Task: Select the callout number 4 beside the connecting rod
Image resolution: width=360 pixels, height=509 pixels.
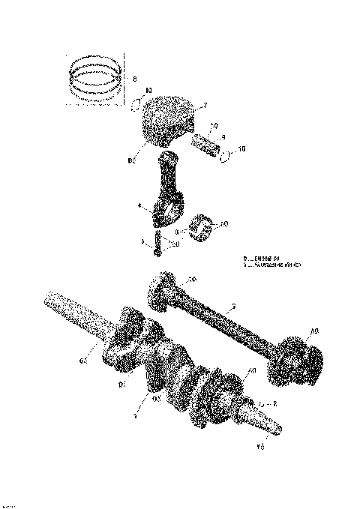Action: (139, 203)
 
